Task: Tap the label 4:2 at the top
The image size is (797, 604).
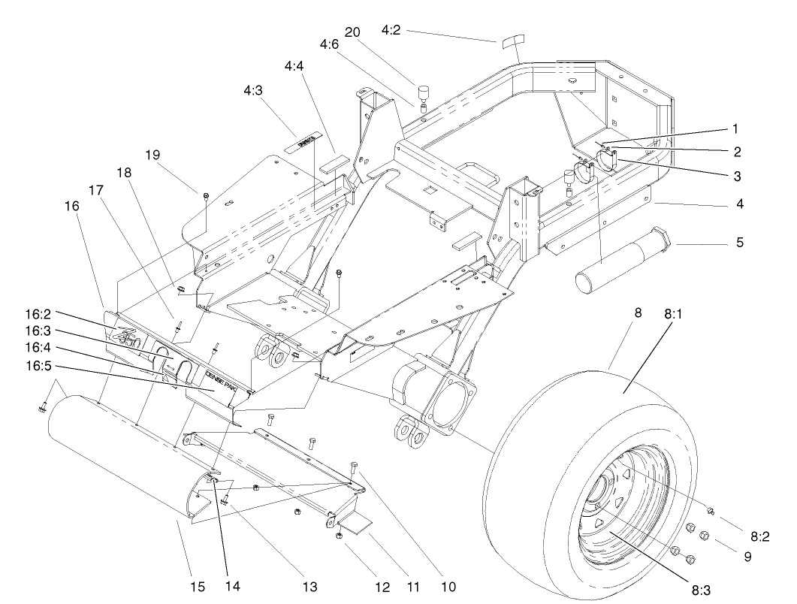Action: (391, 31)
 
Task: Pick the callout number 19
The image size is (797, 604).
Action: (152, 155)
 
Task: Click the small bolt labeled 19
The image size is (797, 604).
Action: (207, 197)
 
